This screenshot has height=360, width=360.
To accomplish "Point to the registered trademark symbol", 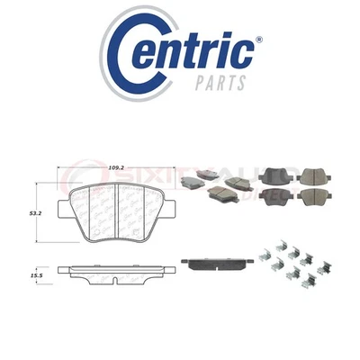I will tap(259, 41).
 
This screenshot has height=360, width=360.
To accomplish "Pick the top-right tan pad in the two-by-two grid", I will tap(314, 176).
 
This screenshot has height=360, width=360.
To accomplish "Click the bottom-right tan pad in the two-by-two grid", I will tap(314, 195).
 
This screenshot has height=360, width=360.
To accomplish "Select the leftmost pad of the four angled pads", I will tap(192, 181).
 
